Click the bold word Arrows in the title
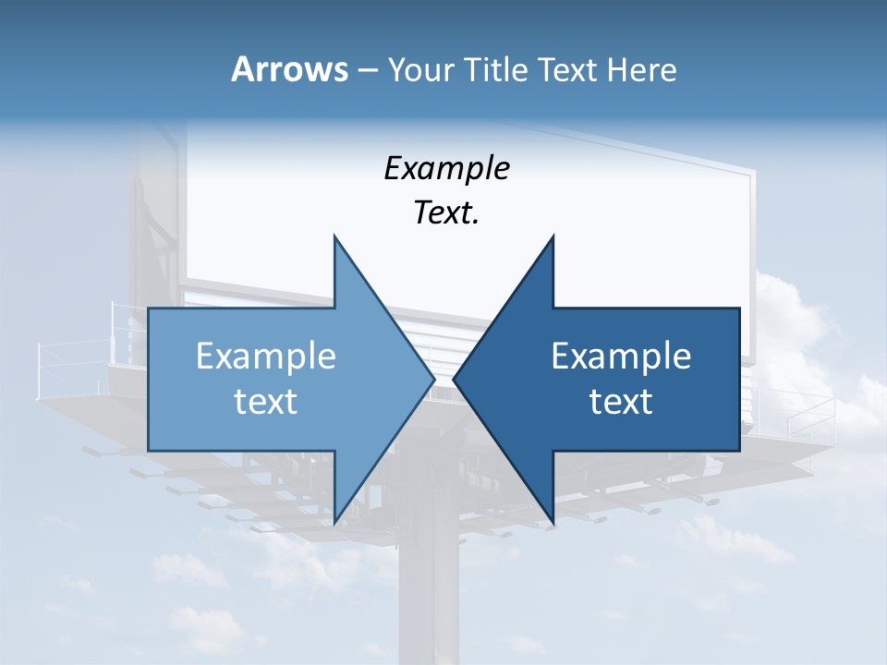pos(290,69)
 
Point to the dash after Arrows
pos(366,71)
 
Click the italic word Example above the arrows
pos(446,168)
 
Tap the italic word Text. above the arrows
pos(446,213)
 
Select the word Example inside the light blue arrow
pos(266,356)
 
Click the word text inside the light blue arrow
pos(266,402)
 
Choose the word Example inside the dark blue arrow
pos(621,356)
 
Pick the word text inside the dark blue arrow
pos(621,402)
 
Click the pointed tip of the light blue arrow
pos(434,379)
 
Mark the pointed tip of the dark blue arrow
pos(454,379)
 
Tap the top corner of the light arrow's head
pos(334,236)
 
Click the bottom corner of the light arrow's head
pos(334,524)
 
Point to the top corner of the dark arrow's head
pos(553,236)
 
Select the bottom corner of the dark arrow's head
pos(553,524)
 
